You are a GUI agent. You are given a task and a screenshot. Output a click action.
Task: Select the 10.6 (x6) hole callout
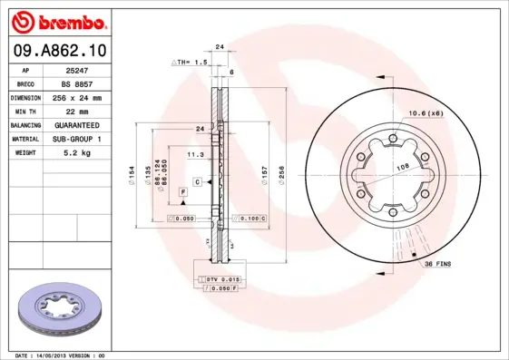click(425, 112)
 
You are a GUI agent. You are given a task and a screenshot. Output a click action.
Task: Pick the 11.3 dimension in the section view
click(194, 155)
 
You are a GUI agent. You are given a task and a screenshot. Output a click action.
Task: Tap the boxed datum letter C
click(196, 182)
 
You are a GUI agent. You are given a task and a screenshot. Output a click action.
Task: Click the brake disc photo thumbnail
click(56, 312)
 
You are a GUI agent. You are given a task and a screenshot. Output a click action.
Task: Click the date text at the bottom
click(61, 355)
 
